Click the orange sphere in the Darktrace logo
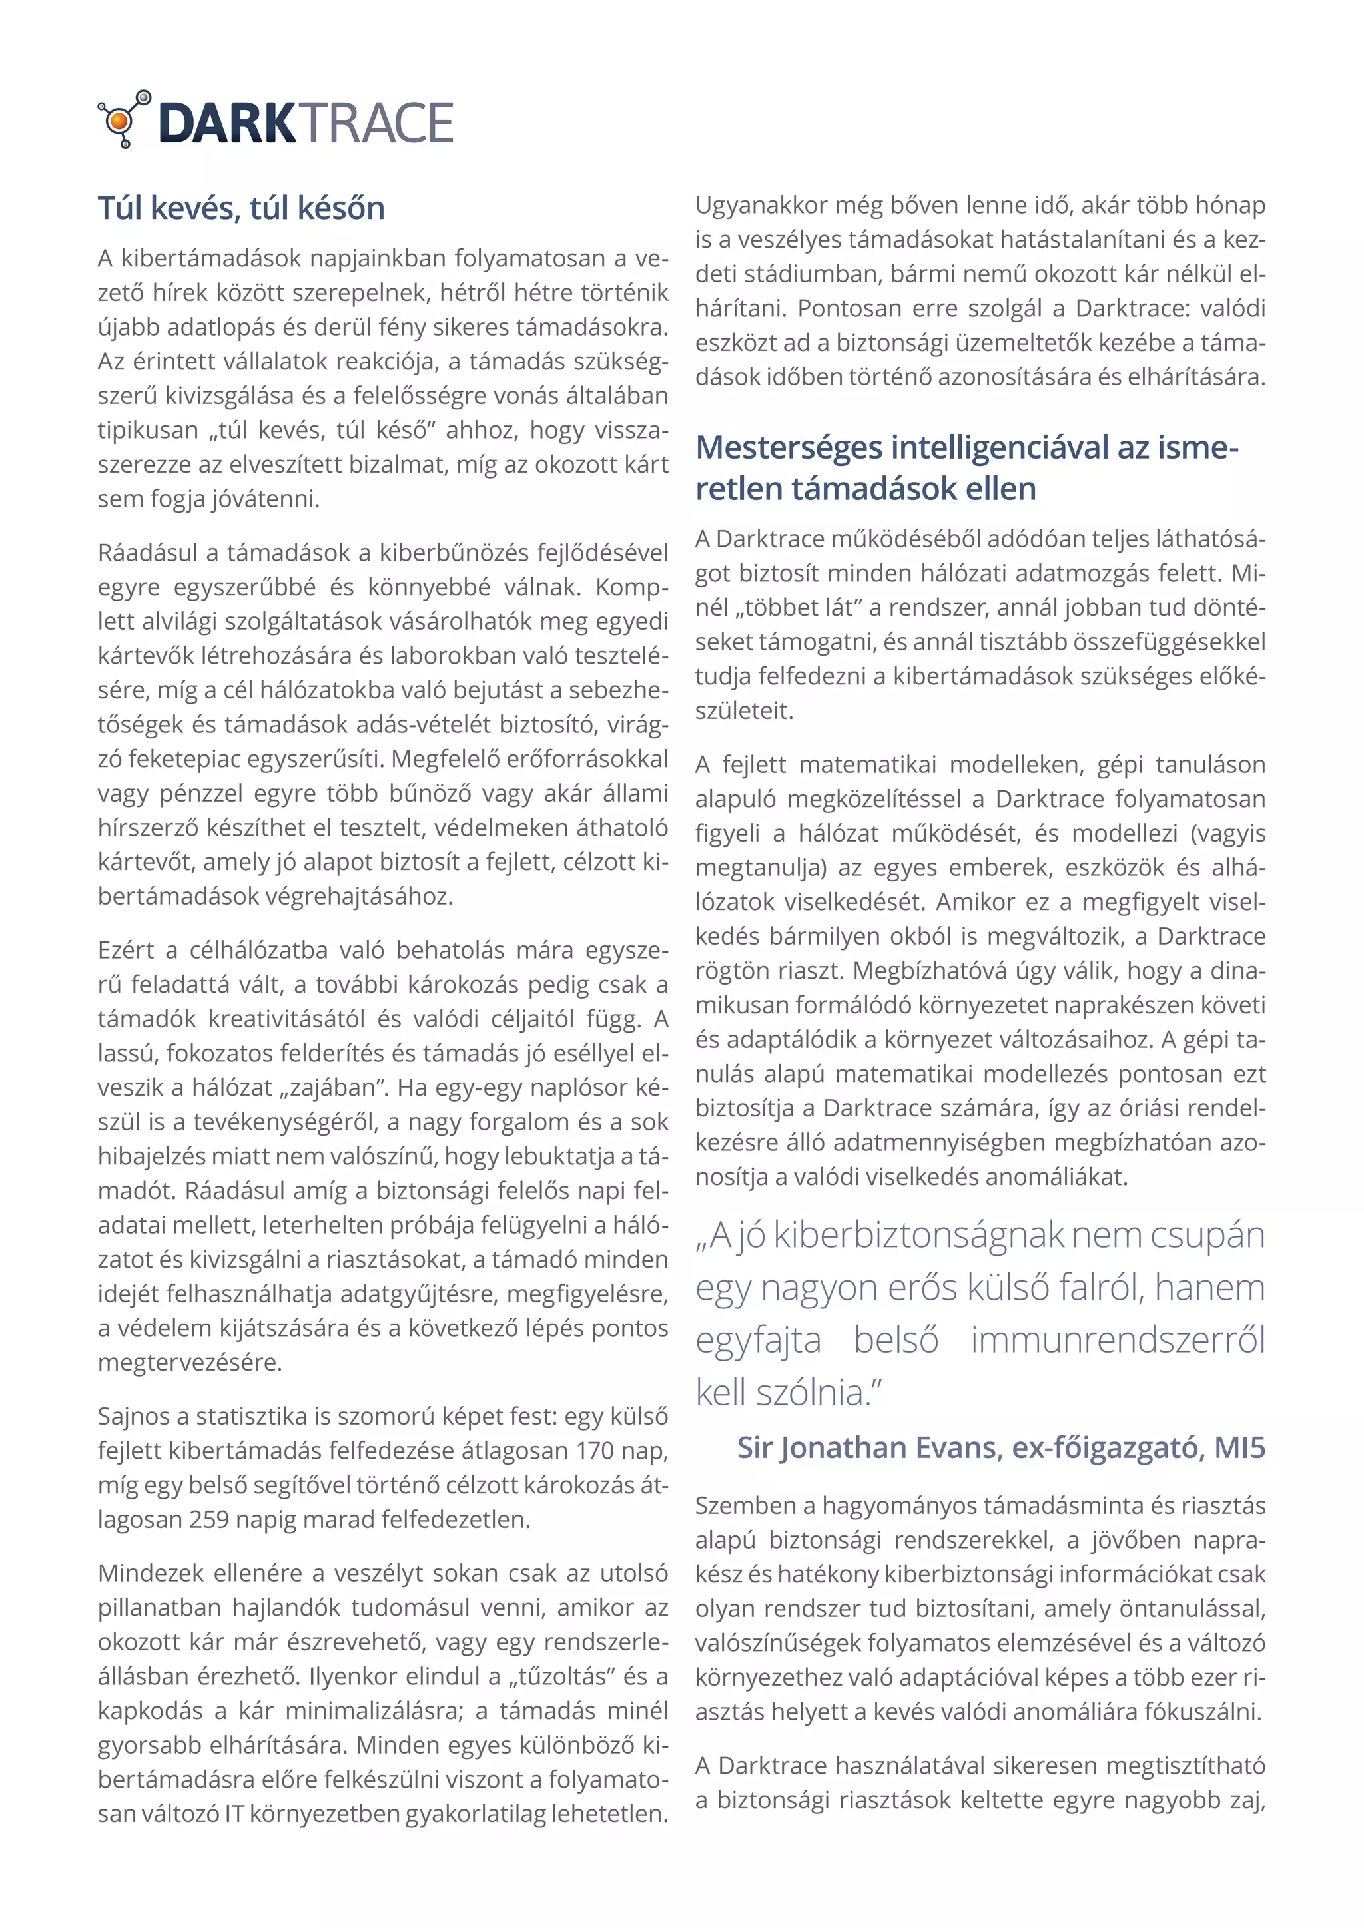119,123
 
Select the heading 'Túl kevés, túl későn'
241,208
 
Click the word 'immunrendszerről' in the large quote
1117,1340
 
